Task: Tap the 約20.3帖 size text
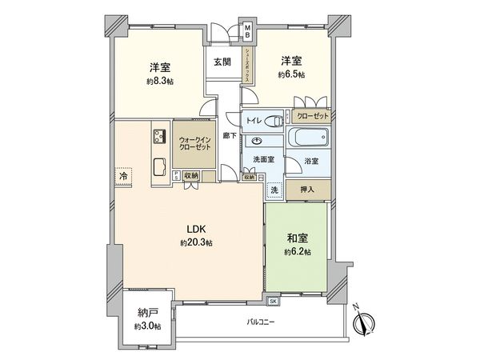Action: point(195,242)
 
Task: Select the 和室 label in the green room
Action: point(296,238)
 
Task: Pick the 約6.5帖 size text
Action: point(291,74)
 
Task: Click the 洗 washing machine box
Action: point(274,190)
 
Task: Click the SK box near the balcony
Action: point(273,301)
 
